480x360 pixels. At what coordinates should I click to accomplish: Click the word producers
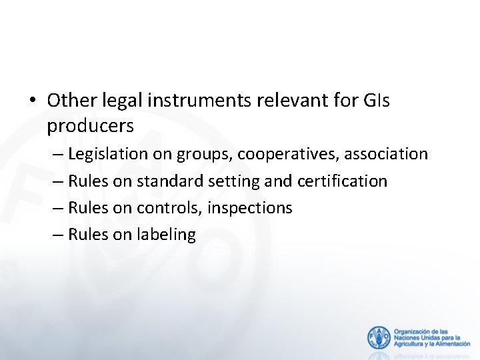(x=91, y=125)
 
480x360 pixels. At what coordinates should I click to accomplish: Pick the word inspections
(x=249, y=208)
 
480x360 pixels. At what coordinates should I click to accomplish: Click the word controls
(x=171, y=208)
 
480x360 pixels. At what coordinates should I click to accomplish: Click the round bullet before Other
(x=33, y=101)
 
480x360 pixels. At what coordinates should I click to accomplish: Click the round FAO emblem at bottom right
(x=379, y=337)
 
